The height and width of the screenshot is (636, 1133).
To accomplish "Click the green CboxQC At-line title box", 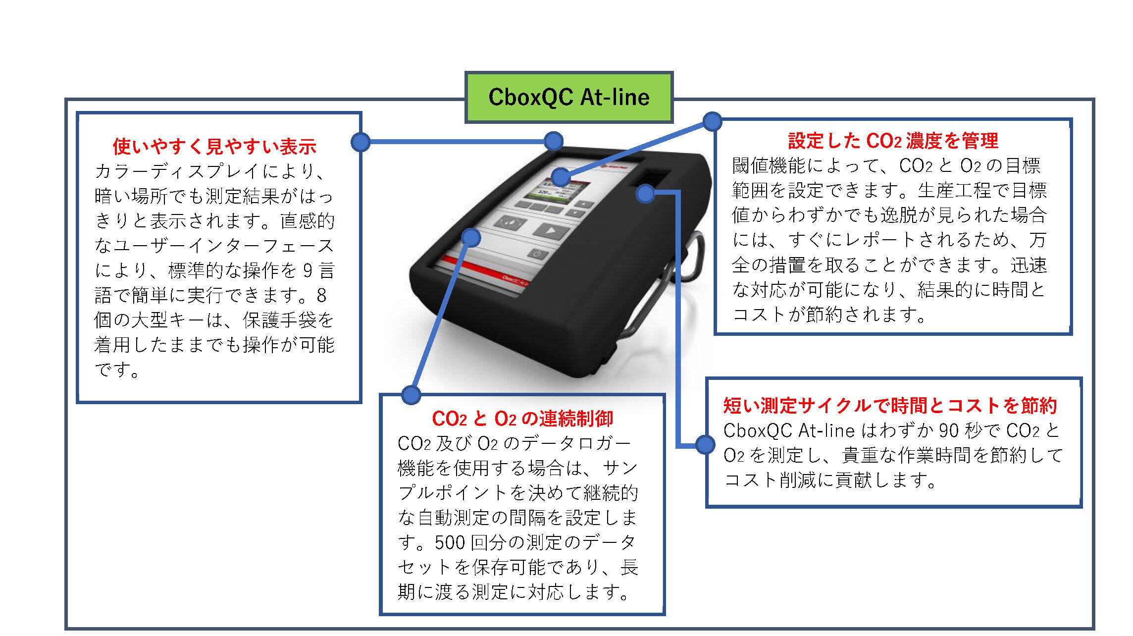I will (568, 97).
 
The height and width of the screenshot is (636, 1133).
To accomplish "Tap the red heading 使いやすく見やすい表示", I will (214, 147).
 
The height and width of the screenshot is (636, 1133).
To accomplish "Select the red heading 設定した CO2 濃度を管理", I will (893, 141).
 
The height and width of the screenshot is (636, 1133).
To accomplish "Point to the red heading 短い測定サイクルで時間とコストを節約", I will (890, 406).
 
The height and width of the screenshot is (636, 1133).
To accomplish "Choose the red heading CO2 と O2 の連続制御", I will (522, 419).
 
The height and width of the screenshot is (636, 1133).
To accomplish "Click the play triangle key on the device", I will (549, 230).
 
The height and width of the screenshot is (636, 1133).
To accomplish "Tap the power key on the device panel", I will (539, 255).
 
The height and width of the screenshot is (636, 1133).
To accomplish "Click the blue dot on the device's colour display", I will (561, 177).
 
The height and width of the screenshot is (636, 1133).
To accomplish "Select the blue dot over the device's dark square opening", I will (645, 194).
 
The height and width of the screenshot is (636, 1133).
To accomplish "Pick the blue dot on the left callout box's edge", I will (360, 142).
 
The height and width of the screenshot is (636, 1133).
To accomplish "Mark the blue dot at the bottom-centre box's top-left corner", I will (411, 395).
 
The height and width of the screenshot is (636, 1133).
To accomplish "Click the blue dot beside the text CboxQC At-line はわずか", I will (705, 444).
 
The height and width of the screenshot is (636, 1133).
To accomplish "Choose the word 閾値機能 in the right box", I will (769, 166).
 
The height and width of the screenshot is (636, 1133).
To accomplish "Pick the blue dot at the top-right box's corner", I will (713, 121).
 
